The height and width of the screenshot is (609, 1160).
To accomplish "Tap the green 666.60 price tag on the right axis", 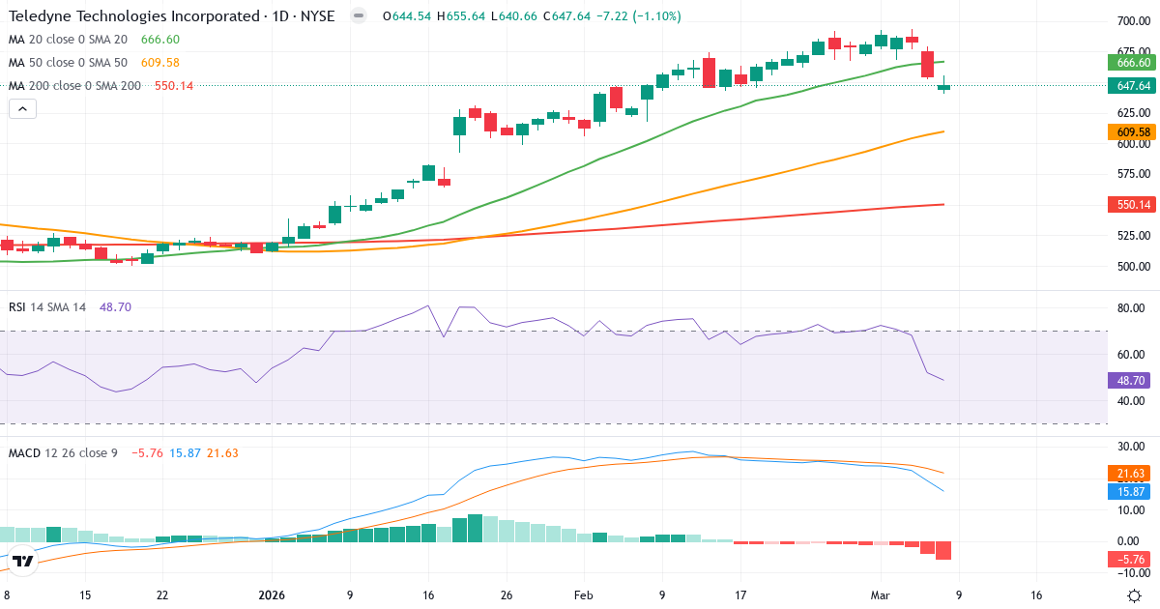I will click(x=1132, y=62).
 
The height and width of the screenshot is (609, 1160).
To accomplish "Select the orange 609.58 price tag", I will click(x=1132, y=131).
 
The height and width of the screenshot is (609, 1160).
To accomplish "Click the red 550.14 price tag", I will click(x=1132, y=205).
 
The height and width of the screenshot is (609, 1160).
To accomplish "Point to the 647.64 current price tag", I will click(x=1132, y=86).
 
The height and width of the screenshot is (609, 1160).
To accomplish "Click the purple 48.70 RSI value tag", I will click(x=1132, y=381).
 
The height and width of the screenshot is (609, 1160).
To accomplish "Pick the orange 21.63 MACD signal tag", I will click(x=1132, y=473).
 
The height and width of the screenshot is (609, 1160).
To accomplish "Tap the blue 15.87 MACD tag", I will click(x=1132, y=491).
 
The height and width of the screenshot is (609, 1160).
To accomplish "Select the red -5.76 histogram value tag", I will click(x=1132, y=559).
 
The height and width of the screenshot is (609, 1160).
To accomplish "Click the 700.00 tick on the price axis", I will click(x=1132, y=21).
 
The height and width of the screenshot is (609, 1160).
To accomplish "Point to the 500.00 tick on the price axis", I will click(x=1132, y=267).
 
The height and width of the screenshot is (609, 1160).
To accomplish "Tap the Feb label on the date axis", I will click(x=583, y=595).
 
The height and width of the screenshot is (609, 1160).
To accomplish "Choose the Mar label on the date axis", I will click(x=881, y=595).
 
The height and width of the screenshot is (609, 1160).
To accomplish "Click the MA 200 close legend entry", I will click(x=74, y=85).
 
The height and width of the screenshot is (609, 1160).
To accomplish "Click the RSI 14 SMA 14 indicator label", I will click(x=47, y=306).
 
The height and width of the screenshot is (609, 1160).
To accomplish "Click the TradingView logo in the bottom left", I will click(x=23, y=561).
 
